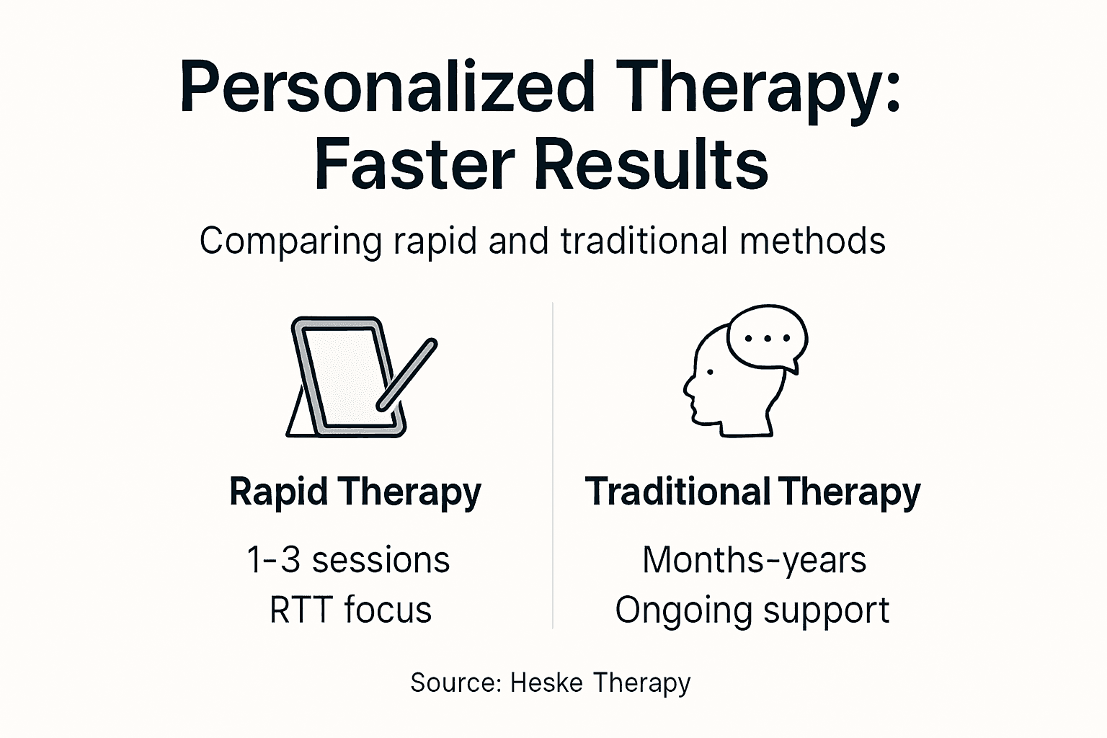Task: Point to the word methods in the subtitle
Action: click(812, 240)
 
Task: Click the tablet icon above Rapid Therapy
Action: click(346, 377)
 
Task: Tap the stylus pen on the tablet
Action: click(407, 375)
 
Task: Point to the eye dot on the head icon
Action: click(711, 372)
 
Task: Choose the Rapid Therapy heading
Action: click(355, 493)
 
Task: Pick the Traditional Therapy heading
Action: click(752, 493)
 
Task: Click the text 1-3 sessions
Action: click(348, 560)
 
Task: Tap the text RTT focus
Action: click(350, 610)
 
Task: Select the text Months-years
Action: click(754, 560)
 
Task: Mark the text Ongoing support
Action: click(752, 610)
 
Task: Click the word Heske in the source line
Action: click(546, 682)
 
